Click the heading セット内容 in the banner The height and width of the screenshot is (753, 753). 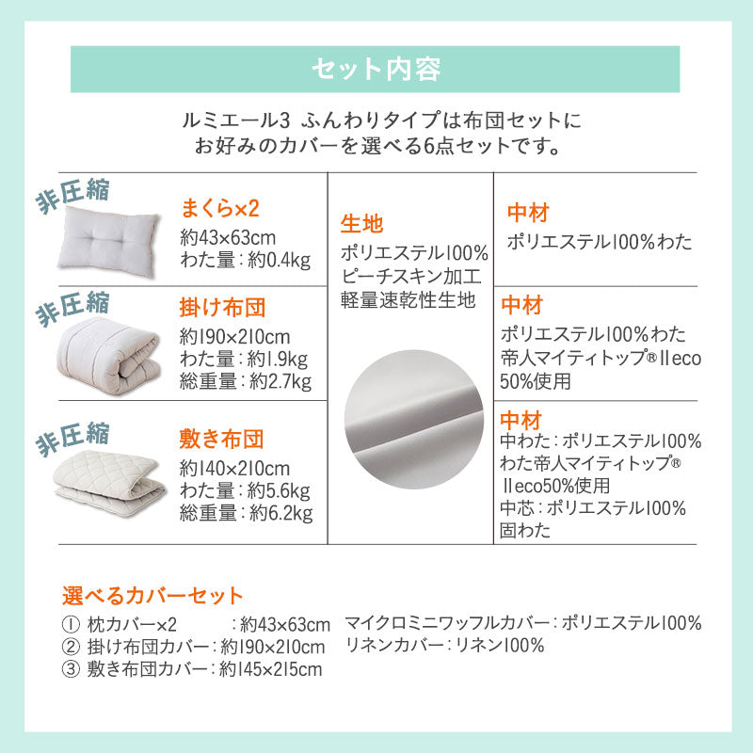point(375,69)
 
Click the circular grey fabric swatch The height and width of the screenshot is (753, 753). point(410,409)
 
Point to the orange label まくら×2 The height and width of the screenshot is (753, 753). point(219,208)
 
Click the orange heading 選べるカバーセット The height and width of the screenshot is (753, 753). point(152,595)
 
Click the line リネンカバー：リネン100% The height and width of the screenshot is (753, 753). point(444,646)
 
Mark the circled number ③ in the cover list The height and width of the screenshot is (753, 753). point(71,669)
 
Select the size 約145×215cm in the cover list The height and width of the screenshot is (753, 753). point(270,669)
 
